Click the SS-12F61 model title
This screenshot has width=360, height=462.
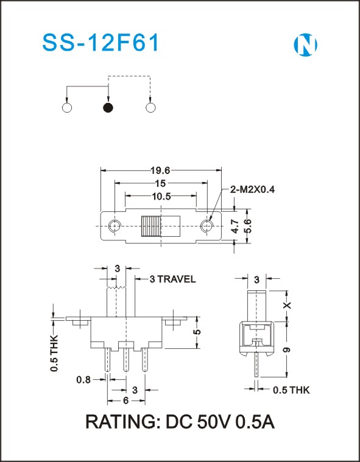(x=101, y=43)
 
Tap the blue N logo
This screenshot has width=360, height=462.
(x=305, y=45)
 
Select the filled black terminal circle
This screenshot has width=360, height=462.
(x=108, y=108)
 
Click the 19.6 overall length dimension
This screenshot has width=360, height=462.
(x=161, y=170)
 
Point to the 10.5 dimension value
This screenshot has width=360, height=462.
(x=161, y=196)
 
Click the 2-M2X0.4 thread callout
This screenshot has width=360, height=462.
(x=252, y=189)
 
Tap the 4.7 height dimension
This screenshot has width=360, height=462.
(x=236, y=226)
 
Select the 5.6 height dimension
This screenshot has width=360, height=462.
(x=249, y=226)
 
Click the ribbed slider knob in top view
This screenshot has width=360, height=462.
(x=151, y=226)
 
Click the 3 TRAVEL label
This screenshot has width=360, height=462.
(x=172, y=279)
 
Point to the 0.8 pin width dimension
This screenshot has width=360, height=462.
(x=83, y=380)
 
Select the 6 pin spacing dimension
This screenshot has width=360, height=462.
(x=126, y=401)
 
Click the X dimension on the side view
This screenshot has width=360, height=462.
(x=287, y=305)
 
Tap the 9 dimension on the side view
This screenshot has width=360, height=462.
(x=287, y=350)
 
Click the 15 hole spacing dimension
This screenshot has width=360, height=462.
(x=161, y=183)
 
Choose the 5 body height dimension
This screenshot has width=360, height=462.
(x=198, y=332)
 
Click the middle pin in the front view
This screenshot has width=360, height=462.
(x=126, y=360)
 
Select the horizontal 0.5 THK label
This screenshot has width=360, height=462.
(x=291, y=390)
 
